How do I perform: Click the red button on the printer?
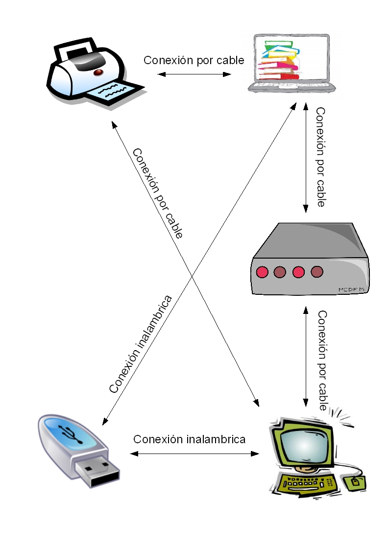point(98,72)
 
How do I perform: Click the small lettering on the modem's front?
point(351,290)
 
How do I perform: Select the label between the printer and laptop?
point(194,60)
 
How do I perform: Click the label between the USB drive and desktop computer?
point(189,439)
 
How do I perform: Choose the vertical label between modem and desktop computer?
point(322,360)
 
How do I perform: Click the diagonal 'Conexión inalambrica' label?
point(141,344)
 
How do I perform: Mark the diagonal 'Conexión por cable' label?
point(157,193)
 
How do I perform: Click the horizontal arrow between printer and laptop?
point(194,74)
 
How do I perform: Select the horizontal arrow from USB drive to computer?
point(194,454)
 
